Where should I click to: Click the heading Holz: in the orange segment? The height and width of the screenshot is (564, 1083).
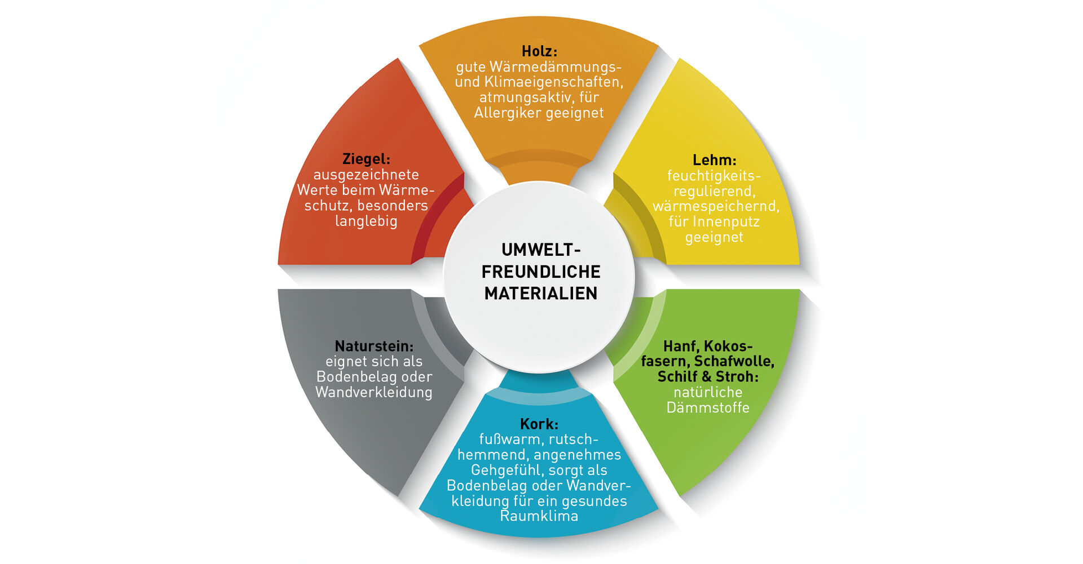pyautogui.click(x=539, y=51)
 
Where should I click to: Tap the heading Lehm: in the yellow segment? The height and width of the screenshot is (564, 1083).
pyautogui.click(x=714, y=160)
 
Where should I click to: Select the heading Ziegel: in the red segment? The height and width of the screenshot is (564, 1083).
pyautogui.click(x=366, y=159)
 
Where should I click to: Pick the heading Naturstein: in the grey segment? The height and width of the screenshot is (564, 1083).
pyautogui.click(x=374, y=346)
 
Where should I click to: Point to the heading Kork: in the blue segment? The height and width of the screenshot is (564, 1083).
pyautogui.click(x=539, y=424)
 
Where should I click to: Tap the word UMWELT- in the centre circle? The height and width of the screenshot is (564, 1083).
pyautogui.click(x=541, y=250)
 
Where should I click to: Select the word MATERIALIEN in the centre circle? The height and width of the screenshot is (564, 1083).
pyautogui.click(x=540, y=294)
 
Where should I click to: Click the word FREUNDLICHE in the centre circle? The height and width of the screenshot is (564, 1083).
pyautogui.click(x=540, y=272)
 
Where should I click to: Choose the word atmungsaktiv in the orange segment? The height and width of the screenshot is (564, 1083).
pyautogui.click(x=525, y=97)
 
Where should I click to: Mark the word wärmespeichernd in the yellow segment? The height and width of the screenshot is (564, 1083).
pyautogui.click(x=715, y=206)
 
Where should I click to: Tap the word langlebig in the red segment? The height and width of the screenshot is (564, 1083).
pyautogui.click(x=366, y=221)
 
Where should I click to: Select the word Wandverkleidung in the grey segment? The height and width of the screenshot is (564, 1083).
pyautogui.click(x=373, y=392)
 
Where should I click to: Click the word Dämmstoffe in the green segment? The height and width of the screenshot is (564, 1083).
pyautogui.click(x=708, y=407)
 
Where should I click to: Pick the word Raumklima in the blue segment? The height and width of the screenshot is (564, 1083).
pyautogui.click(x=539, y=516)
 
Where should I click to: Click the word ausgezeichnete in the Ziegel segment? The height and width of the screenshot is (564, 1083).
pyautogui.click(x=366, y=175)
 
